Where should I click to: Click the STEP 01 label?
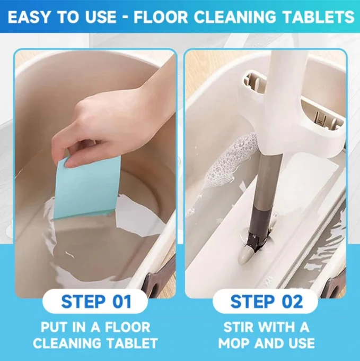(x=95, y=301)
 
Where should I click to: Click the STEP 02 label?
(x=266, y=301)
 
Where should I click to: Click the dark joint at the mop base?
(x=258, y=242)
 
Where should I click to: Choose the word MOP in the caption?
(x=234, y=343)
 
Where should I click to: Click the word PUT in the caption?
(x=54, y=327)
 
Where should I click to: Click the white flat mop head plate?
(x=287, y=226)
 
